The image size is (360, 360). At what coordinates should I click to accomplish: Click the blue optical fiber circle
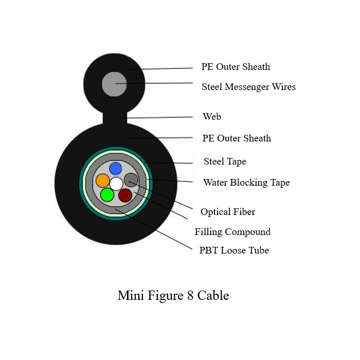(115, 168)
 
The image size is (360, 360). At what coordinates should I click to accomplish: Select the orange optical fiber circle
(102, 181)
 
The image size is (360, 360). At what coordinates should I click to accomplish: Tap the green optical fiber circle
(107, 194)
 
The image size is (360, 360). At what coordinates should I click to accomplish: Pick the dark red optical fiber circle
(125, 195)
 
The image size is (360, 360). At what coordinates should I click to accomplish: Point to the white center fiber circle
(116, 183)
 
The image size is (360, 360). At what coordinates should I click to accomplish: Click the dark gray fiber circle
(131, 180)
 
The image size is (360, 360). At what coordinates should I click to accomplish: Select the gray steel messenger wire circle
(114, 84)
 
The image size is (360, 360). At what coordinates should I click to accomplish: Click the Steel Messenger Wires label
(248, 87)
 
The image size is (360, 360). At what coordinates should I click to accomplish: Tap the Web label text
(212, 117)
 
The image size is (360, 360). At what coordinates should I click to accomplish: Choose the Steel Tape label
(225, 161)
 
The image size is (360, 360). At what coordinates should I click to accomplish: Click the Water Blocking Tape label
(246, 183)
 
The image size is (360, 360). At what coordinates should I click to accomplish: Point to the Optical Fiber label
(228, 212)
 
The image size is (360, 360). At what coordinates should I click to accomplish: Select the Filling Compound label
(232, 232)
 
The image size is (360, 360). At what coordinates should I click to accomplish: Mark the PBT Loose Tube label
(234, 250)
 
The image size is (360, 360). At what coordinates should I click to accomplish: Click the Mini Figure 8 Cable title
(173, 296)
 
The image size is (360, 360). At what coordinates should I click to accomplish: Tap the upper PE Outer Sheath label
(236, 67)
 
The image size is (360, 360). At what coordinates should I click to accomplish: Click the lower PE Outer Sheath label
(237, 138)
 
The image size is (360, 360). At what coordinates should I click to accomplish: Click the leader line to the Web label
(159, 117)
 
